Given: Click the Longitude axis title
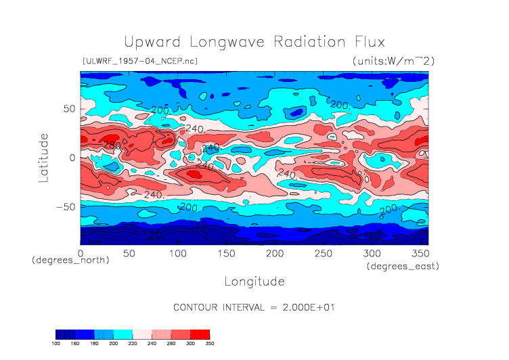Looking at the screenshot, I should (x=254, y=280).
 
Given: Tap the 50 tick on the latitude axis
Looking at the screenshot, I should (x=68, y=108).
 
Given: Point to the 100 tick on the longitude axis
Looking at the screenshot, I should (x=177, y=253).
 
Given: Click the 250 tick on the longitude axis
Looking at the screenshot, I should (x=323, y=253).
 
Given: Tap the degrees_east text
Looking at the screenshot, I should (x=403, y=267).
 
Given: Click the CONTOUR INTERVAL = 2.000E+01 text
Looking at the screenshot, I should (x=255, y=307).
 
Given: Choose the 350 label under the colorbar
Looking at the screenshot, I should (x=209, y=344).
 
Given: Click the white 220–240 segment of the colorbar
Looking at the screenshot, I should (x=142, y=334).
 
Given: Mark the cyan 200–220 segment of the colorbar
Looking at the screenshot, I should (x=123, y=334).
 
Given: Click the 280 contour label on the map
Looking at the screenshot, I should (x=111, y=145).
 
